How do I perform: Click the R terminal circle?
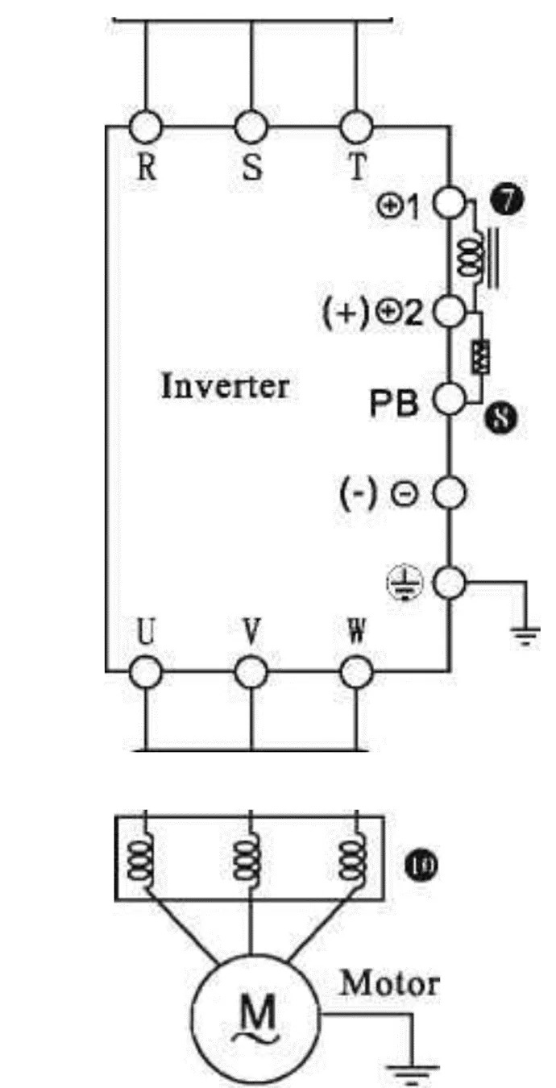pos(147,127)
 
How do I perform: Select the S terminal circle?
pos(251,127)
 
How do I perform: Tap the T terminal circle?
pos(355,127)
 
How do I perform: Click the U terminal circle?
pos(147,670)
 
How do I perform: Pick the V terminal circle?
pos(251,670)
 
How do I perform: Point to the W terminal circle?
pos(355,670)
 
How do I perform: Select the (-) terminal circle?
pos(448,492)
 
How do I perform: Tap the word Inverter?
pos(225,386)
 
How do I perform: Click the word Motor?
pos(390,984)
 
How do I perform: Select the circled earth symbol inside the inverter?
pos(413,583)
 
